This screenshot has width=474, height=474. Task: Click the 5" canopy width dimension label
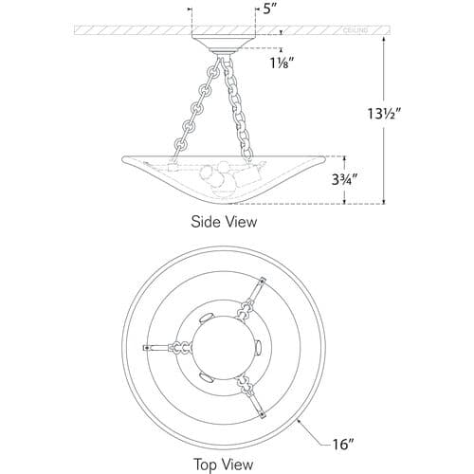(x=267, y=9)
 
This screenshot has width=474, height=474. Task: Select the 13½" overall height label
(x=384, y=114)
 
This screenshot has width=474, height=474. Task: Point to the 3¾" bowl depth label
(x=344, y=180)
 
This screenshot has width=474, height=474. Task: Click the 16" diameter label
(x=342, y=444)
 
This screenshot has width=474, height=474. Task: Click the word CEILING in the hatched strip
(x=355, y=30)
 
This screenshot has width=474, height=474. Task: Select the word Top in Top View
(x=206, y=465)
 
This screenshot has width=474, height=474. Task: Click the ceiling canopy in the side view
(x=224, y=43)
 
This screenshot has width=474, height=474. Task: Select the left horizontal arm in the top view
(x=167, y=348)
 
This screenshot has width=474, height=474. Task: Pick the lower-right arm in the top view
(x=252, y=397)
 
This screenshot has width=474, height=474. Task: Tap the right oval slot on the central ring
(x=259, y=347)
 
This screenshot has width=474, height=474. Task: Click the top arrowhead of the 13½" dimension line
(x=384, y=39)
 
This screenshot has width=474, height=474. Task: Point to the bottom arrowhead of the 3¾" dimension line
(x=344, y=202)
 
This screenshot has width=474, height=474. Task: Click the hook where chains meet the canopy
(x=224, y=59)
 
